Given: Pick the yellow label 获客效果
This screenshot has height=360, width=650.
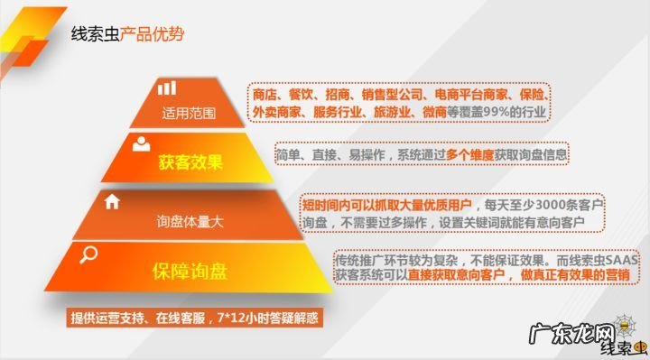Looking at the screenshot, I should pos(190,163).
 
